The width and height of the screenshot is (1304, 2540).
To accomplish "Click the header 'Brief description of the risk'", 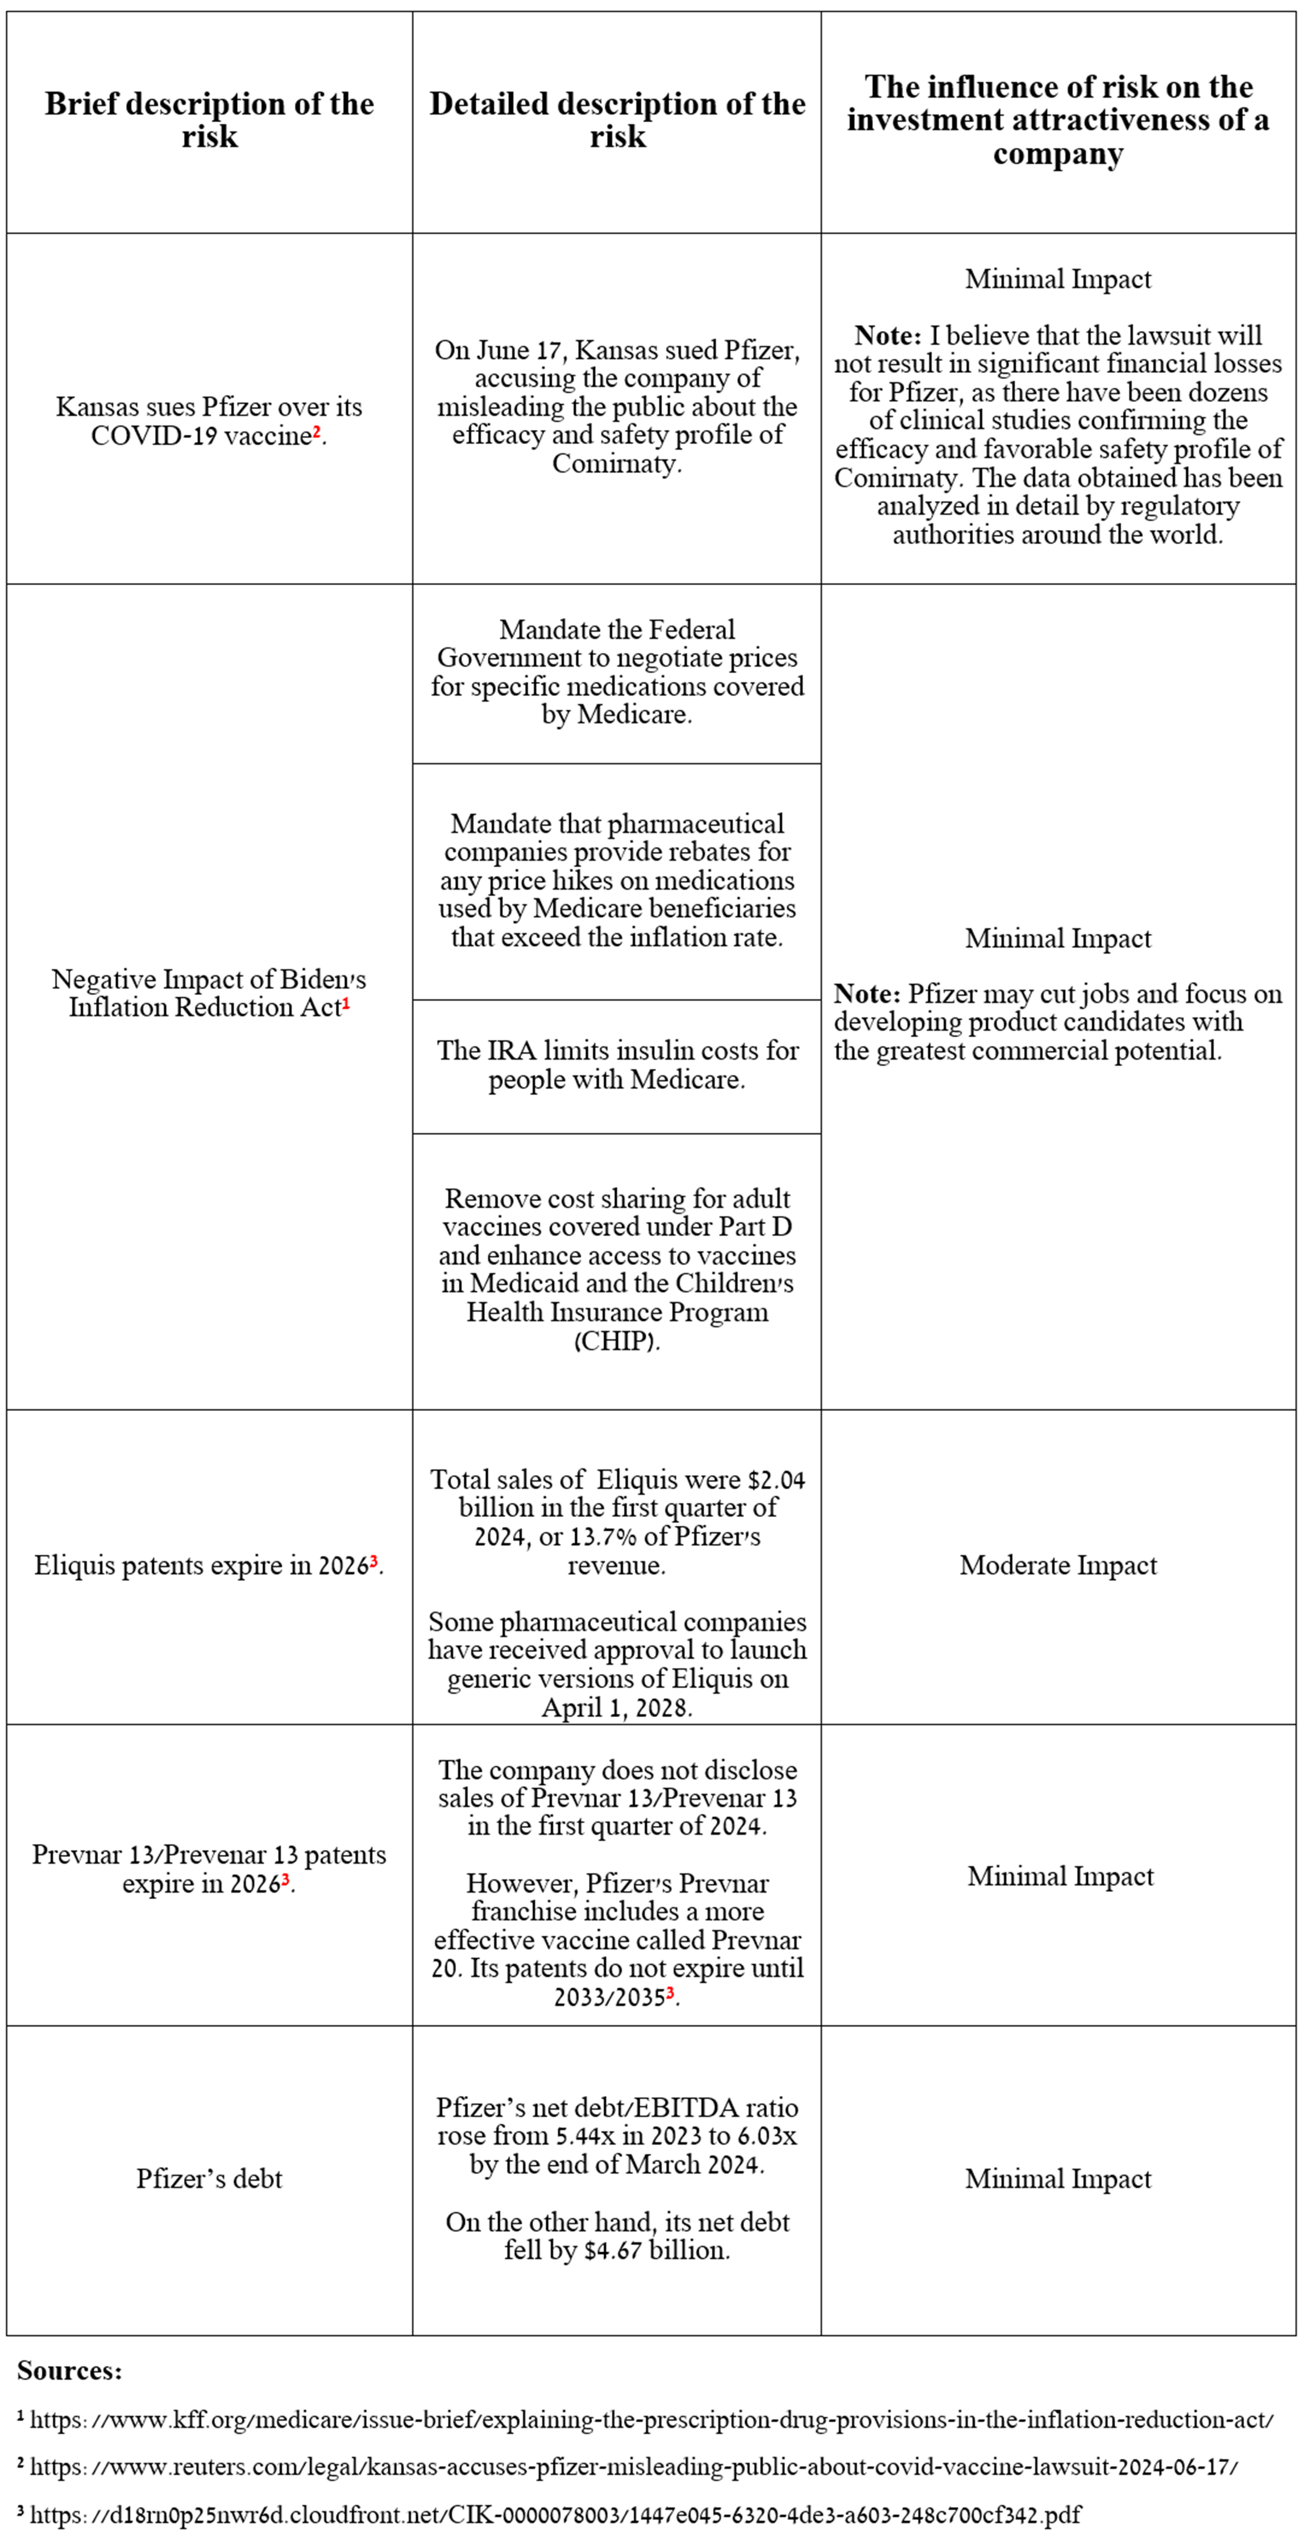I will pos(209,121).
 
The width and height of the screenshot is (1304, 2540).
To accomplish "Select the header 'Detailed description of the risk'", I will pos(617,121).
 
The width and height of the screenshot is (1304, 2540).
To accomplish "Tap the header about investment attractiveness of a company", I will pos(1058,121).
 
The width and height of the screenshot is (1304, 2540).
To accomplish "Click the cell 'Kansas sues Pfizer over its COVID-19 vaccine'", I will pos(209,421).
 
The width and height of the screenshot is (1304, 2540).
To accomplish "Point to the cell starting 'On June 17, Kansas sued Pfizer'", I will pos(617,406).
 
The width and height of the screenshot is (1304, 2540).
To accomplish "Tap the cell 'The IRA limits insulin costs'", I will pos(617,1065).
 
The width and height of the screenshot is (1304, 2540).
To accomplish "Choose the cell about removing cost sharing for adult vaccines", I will pos(617,1269).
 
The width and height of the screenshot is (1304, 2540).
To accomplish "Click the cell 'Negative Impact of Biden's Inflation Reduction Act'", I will pos(209,993).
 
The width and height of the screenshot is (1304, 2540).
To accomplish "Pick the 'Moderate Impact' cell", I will pos(1058,1565).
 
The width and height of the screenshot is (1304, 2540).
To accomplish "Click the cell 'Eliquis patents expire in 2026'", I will pos(209,1565).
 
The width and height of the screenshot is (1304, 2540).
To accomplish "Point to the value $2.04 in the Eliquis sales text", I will pos(776,1480).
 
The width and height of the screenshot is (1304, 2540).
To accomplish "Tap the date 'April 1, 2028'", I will pos(617,1708).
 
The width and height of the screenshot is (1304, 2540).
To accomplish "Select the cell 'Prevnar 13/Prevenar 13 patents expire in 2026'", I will pos(209,1868).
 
